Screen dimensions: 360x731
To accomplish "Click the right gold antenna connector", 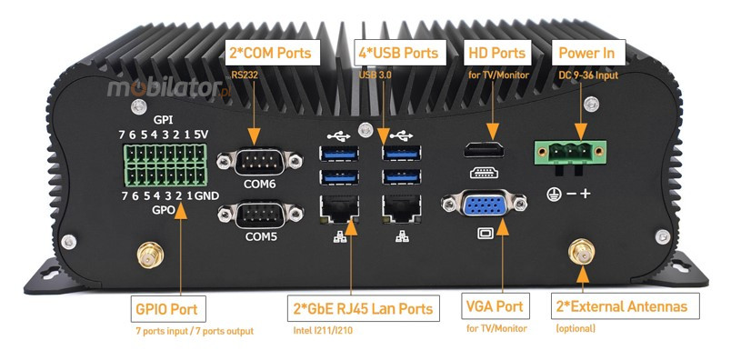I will (579, 252).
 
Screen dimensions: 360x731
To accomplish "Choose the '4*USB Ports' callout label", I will (397, 54).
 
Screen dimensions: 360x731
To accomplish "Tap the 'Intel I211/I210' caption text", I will (324, 332).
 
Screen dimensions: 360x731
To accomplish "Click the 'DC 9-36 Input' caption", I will (587, 75).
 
